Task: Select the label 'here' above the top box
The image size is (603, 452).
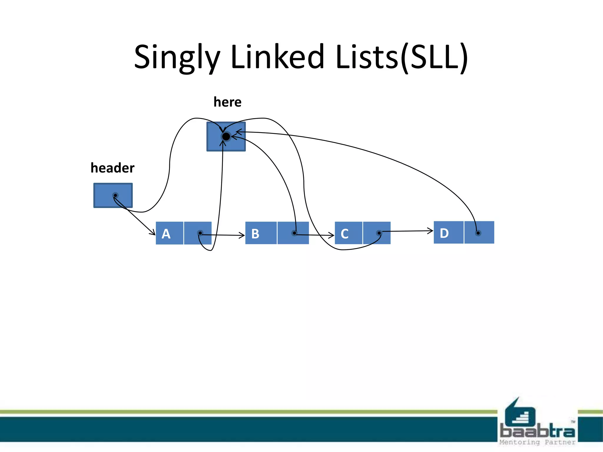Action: click(227, 102)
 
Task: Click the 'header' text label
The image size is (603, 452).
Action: click(112, 168)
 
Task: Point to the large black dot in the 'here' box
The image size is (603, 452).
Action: click(226, 137)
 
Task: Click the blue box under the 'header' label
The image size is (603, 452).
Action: click(113, 195)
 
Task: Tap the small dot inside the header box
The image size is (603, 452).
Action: click(115, 195)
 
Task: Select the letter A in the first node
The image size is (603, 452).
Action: click(166, 234)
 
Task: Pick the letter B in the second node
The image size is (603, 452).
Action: click(255, 234)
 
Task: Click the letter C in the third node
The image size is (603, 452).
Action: click(344, 234)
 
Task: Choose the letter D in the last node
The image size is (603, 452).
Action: click(444, 233)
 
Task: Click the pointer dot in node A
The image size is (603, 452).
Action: click(200, 233)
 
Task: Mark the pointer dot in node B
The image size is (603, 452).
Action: click(294, 233)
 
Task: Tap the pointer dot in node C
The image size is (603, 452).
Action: click(379, 233)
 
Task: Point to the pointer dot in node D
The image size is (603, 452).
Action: click(478, 233)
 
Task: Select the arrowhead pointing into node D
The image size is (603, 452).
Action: click(431, 231)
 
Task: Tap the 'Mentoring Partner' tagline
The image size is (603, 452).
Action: click(537, 442)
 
